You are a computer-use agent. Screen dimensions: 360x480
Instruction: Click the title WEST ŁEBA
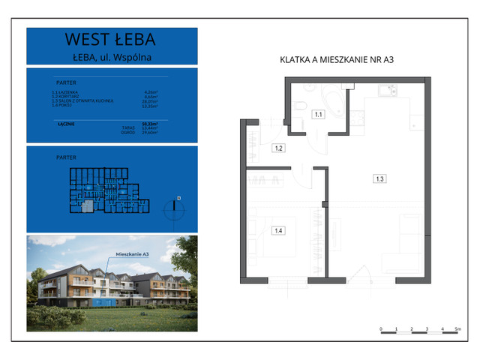point(112,40)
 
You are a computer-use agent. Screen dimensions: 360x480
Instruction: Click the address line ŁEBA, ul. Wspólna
point(112,55)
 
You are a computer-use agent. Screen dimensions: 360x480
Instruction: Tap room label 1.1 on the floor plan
point(318,115)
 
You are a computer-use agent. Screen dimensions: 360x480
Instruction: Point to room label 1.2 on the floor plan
point(277,148)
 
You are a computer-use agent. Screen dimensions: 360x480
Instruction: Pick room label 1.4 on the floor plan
point(277,230)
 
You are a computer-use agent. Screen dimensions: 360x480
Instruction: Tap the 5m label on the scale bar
point(457,329)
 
